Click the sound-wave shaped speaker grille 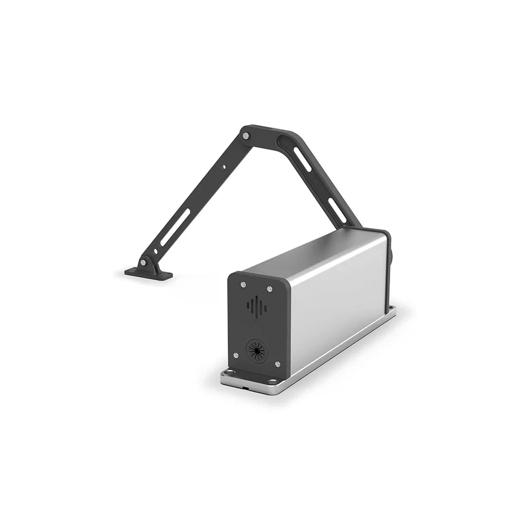pyautogui.click(x=257, y=307)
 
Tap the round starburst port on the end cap pyautogui.click(x=257, y=350)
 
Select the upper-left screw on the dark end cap pyautogui.click(x=243, y=285)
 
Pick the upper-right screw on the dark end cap pyautogui.click(x=270, y=289)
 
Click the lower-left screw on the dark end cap pyautogui.click(x=236, y=355)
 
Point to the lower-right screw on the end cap pyautogui.click(x=277, y=364)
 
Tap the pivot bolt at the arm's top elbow pyautogui.click(x=246, y=136)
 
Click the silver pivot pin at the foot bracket pyautogui.click(x=143, y=262)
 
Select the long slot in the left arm pyautogui.click(x=175, y=228)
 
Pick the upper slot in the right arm pyautogui.click(x=302, y=159)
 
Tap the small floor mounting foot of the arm pyautogui.click(x=149, y=274)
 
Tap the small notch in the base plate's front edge pyautogui.click(x=247, y=387)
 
